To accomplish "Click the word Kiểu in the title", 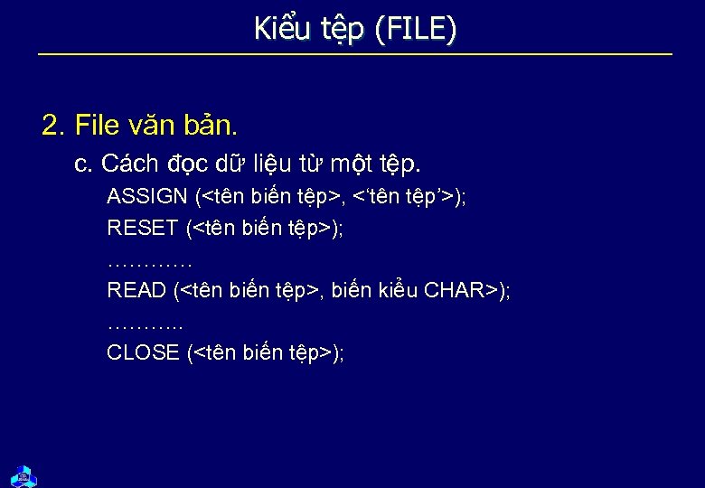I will coord(280,29).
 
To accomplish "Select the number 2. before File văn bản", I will coord(54,125).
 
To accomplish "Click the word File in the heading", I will coord(98,125).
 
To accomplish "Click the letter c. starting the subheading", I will coord(84,164).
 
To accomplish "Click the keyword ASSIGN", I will coord(147,196).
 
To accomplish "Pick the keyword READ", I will coord(136,290).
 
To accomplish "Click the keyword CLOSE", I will coord(143,352).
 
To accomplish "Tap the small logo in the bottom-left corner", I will coord(23,475).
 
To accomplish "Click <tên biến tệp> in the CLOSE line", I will coord(262,352).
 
